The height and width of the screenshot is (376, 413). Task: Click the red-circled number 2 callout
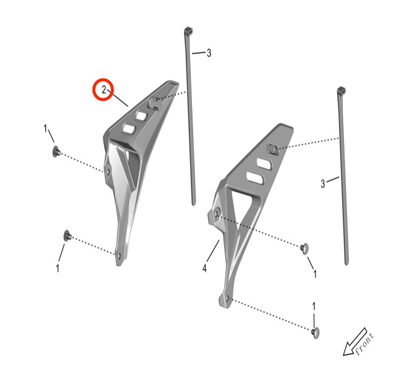point(104,90)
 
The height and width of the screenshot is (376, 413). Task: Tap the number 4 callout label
point(205,268)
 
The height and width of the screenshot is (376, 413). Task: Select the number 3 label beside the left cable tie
point(209,53)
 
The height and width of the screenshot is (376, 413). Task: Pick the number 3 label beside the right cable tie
point(323,184)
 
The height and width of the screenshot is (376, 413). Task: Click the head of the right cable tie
point(341,90)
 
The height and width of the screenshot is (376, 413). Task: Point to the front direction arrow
point(355,342)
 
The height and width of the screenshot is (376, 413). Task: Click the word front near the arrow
point(364,344)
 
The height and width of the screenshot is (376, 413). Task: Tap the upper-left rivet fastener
point(56,152)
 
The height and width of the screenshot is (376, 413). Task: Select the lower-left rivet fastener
point(67,236)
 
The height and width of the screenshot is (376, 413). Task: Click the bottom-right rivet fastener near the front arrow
point(315,333)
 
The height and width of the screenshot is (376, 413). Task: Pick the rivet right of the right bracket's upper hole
point(304,249)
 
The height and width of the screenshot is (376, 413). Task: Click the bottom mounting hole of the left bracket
point(119,255)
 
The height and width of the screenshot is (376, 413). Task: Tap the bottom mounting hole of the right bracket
point(228,299)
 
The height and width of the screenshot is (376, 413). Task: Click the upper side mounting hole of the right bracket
point(217,213)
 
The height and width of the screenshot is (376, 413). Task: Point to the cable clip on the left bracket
point(154,103)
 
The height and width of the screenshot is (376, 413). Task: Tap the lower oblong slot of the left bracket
point(129,129)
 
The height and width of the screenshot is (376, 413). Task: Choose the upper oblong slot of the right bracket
point(264,164)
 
